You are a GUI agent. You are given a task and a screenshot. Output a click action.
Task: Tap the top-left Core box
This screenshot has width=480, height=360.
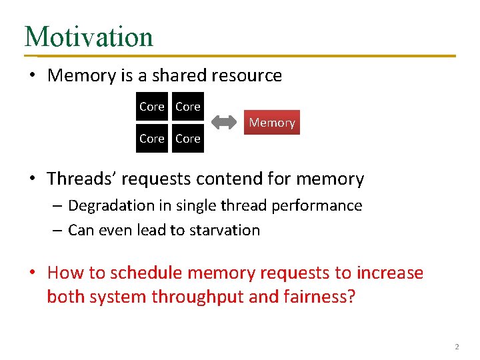click(152, 107)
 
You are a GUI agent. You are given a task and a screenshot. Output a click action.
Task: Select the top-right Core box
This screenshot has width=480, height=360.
click(188, 107)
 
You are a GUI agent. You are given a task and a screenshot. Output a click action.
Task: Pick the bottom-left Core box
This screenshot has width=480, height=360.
click(152, 139)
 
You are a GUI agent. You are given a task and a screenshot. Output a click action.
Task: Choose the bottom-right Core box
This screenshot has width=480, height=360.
click(188, 139)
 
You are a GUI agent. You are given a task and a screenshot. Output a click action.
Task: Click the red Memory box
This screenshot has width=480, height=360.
click(271, 123)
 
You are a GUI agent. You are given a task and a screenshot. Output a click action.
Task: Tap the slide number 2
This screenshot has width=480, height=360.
click(457, 347)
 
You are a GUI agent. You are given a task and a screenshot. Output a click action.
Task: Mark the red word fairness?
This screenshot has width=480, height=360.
click(320, 297)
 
